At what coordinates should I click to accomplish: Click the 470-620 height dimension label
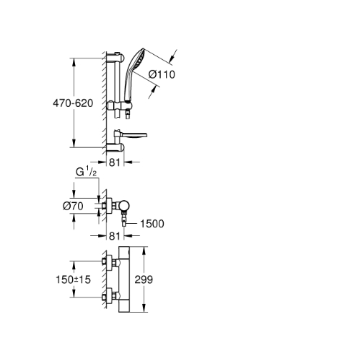(73, 103)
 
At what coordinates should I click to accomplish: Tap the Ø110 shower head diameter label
(162, 74)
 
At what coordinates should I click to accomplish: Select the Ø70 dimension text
(73, 206)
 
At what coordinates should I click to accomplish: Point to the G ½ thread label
(87, 173)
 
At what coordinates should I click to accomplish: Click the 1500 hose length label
(152, 224)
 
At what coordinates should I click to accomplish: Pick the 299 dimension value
(144, 279)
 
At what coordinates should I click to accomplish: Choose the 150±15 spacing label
(73, 279)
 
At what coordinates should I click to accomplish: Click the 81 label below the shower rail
(115, 162)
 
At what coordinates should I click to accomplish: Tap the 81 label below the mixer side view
(115, 236)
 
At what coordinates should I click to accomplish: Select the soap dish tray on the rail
(131, 135)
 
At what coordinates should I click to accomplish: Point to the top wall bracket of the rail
(115, 57)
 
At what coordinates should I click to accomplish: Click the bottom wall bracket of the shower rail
(115, 147)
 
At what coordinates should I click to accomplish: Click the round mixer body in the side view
(124, 206)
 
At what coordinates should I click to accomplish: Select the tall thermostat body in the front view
(124, 279)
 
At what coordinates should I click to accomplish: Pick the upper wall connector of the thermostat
(110, 261)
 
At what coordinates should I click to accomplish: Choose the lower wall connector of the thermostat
(110, 297)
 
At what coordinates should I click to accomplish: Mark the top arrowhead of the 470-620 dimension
(74, 63)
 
